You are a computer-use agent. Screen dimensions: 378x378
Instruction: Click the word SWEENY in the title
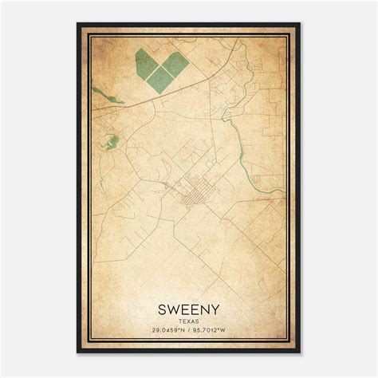(x=189, y=306)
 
